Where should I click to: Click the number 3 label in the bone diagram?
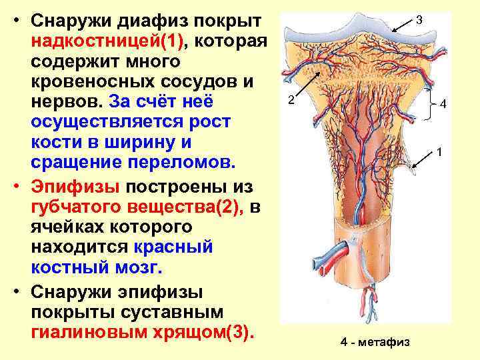point(418,21)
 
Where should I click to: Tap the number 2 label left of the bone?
point(290,101)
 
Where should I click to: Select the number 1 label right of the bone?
point(439,153)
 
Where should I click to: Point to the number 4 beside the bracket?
point(443,104)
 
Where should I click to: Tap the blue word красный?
point(173,247)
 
